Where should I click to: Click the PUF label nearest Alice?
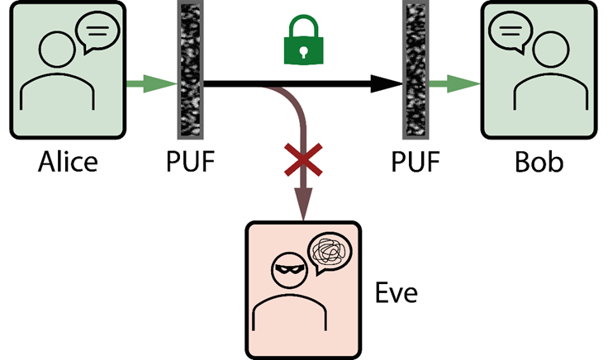[191, 160]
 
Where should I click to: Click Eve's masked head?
[289, 269]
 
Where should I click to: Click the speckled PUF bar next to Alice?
[190, 69]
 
